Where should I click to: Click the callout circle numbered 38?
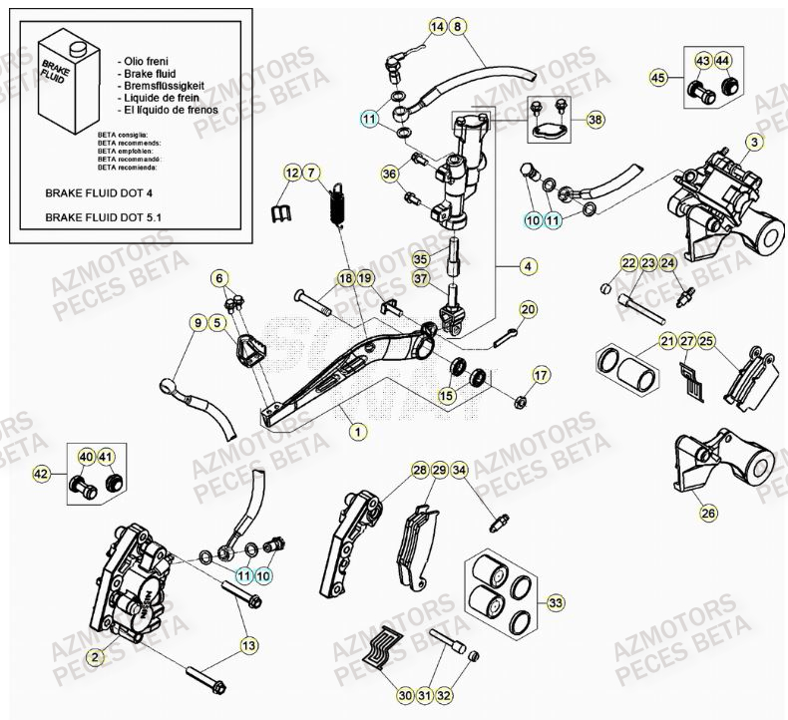595,120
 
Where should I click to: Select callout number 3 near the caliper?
754,143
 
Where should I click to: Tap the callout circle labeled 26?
708,514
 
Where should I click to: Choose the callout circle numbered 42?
41,475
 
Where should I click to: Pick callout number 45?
657,77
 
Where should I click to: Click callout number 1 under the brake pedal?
357,432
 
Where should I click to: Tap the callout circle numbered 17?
540,375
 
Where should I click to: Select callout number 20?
527,309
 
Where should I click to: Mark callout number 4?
528,266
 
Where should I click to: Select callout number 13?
247,646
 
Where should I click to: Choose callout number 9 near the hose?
197,322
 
